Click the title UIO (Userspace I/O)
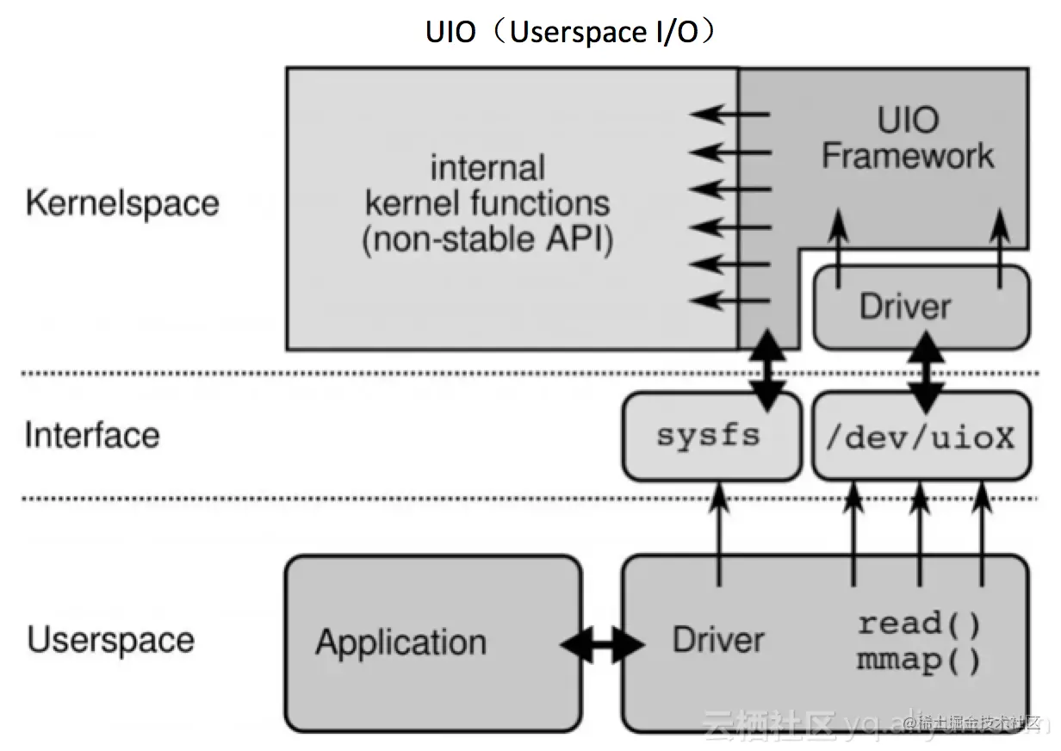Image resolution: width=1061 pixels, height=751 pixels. pos(572,32)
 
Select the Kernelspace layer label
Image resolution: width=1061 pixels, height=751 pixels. pos(122,203)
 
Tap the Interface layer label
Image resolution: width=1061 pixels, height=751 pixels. pos(92,434)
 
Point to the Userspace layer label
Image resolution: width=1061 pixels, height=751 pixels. pos(111,640)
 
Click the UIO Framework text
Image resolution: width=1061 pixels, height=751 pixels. pos(908,138)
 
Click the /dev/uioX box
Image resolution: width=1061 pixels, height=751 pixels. pos(920,436)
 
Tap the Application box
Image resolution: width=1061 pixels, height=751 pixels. pos(433,642)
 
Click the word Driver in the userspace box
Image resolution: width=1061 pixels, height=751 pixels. pos(718,640)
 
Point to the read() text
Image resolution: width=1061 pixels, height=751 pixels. pos(919,623)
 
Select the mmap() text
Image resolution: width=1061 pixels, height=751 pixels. pos(919,661)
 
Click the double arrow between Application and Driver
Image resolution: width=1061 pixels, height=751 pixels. pos(602,643)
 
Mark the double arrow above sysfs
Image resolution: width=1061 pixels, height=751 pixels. pos(768,370)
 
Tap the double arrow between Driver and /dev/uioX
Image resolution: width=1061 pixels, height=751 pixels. pos(928,371)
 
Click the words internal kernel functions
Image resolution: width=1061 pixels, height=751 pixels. pos(487,185)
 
